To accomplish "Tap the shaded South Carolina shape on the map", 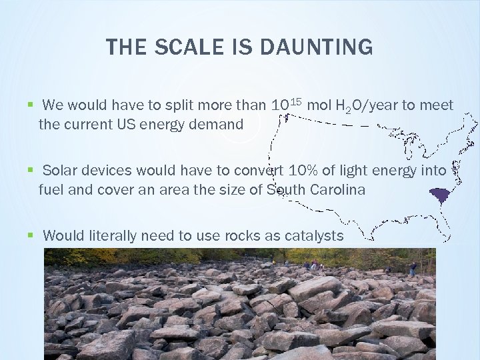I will [x=439, y=196].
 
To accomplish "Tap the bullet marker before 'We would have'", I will [x=29, y=105].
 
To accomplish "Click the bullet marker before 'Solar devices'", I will [x=29, y=171].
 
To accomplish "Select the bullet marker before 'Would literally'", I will [x=29, y=235].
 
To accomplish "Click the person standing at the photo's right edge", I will [x=413, y=269].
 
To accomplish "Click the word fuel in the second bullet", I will [x=50, y=189].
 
